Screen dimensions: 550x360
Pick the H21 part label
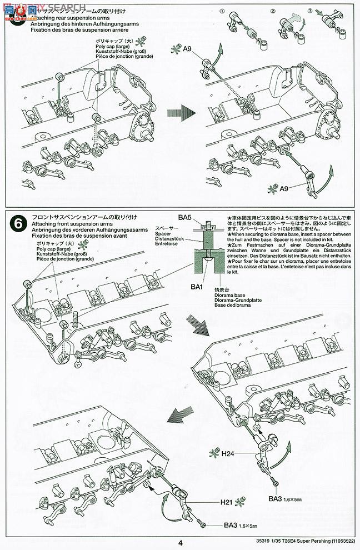click(x=225, y=504)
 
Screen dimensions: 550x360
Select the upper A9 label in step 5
click(x=188, y=49)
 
